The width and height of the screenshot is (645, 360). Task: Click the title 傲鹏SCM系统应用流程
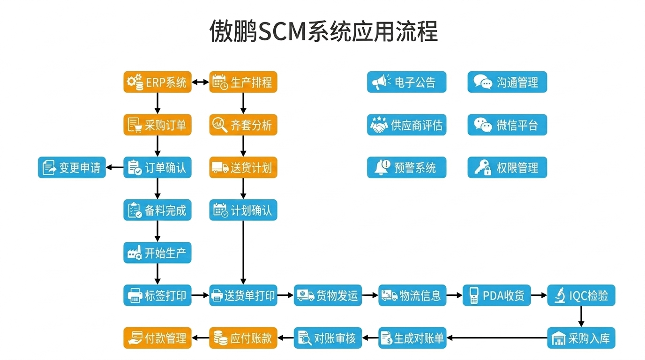click(323, 31)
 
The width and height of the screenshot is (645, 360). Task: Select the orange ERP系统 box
click(157, 82)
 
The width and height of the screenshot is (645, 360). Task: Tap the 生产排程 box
click(243, 82)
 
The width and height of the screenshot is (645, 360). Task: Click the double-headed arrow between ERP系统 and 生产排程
click(201, 82)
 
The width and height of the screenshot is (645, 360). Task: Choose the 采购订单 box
click(157, 125)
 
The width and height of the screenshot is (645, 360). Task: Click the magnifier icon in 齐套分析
click(219, 125)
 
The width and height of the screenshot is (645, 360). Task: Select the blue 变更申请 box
click(72, 167)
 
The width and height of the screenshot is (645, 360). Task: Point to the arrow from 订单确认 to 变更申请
click(115, 167)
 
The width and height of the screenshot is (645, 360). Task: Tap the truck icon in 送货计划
click(220, 168)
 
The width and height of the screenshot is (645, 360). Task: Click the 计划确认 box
click(243, 210)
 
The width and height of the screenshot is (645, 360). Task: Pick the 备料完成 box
click(157, 210)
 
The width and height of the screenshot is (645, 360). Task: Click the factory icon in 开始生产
click(135, 253)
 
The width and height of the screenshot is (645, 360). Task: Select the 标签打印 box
click(157, 295)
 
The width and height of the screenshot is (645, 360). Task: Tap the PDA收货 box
click(496, 295)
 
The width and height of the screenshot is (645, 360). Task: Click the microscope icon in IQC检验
click(559, 296)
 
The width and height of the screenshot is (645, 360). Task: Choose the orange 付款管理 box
click(157, 337)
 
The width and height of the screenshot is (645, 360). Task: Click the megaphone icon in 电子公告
click(381, 82)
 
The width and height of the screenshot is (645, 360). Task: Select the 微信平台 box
click(507, 125)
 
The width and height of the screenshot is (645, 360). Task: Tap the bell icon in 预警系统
click(382, 167)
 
